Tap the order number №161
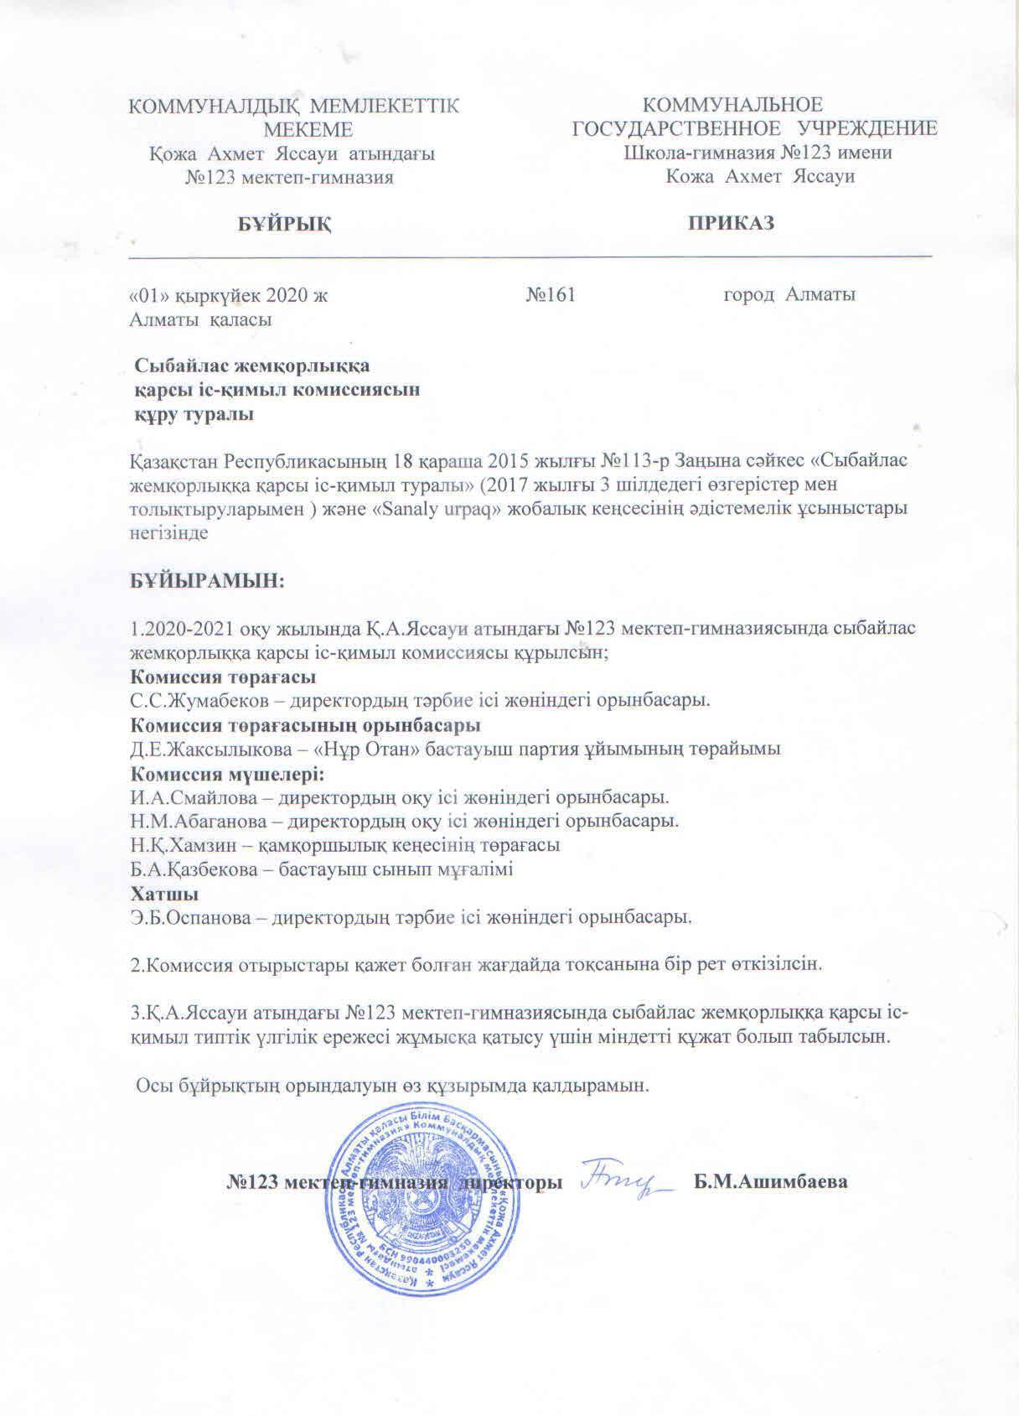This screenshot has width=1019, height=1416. pyautogui.click(x=551, y=295)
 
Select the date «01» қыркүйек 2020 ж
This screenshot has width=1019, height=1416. pyautogui.click(x=226, y=295)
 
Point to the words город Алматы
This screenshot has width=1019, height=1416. pyautogui.click(x=789, y=295)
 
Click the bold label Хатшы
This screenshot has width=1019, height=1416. pyautogui.click(x=157, y=894)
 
